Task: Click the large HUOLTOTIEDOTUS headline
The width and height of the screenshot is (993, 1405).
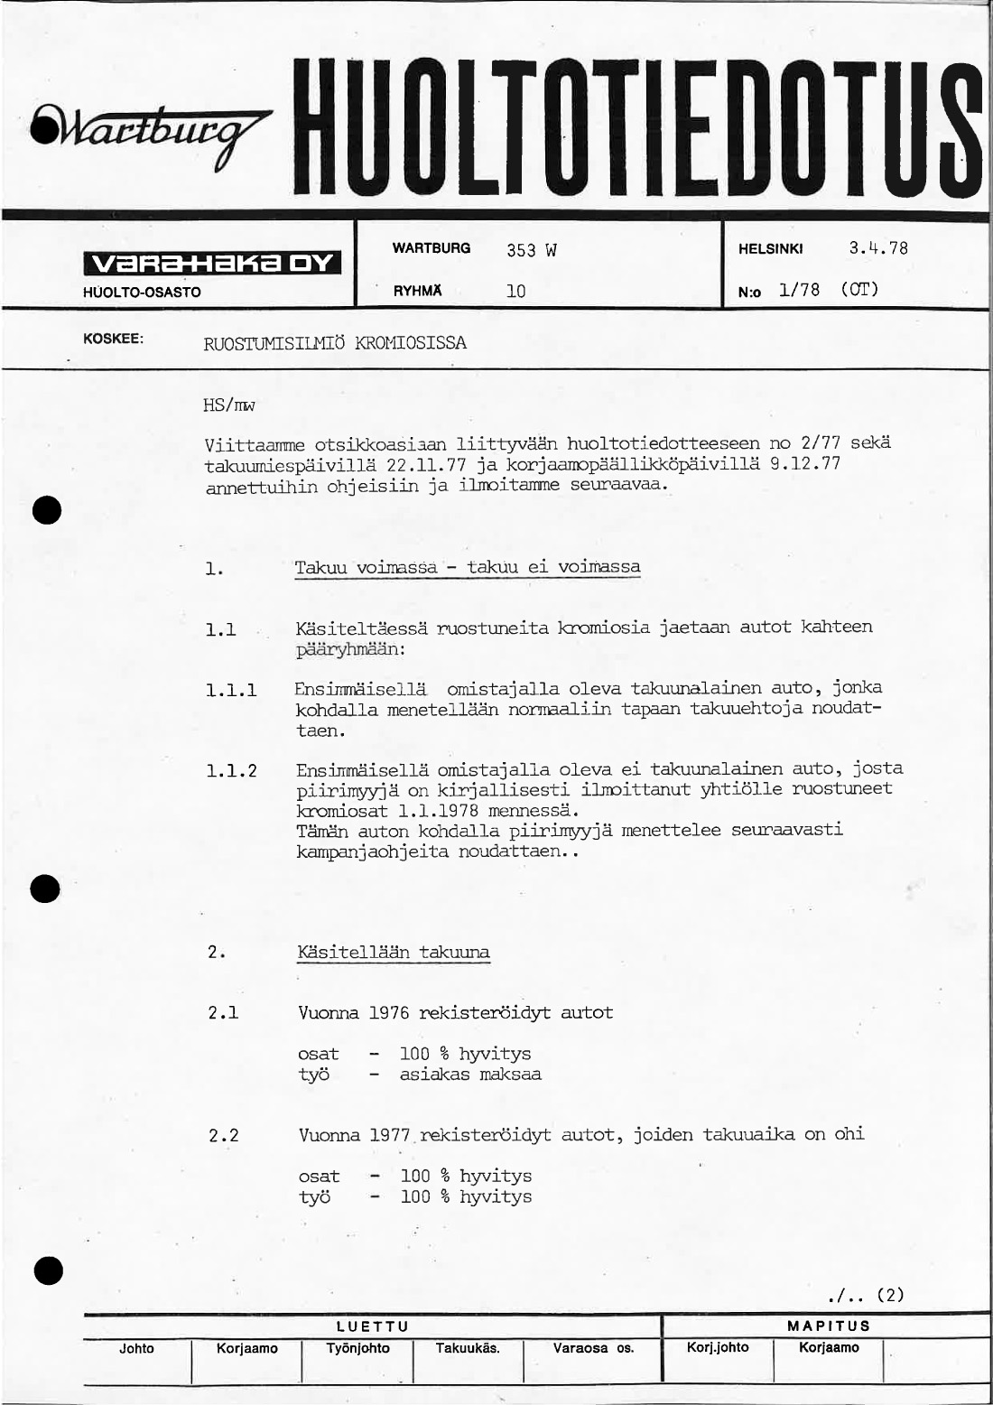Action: (643, 126)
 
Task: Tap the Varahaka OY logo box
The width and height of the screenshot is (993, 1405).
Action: (212, 263)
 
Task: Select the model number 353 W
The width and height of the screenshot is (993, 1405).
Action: (531, 250)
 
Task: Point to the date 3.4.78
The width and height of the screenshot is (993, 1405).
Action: (877, 248)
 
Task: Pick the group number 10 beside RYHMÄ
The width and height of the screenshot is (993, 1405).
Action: (515, 292)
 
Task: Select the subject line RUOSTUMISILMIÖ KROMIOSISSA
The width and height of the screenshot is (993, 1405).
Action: (335, 344)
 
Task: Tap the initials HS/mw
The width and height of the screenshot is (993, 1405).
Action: (229, 406)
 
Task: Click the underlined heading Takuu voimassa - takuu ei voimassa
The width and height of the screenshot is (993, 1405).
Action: (468, 568)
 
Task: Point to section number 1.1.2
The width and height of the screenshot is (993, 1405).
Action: (231, 771)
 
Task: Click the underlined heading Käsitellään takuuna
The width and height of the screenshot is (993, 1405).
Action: (394, 953)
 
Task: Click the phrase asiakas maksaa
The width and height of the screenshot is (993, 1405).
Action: (470, 1075)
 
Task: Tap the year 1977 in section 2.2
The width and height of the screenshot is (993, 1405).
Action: (389, 1135)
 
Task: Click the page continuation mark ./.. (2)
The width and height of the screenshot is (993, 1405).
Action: (865, 1296)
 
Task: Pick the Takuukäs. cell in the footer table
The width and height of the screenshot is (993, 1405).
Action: (468, 1348)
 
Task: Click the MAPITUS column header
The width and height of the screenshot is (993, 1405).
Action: (828, 1326)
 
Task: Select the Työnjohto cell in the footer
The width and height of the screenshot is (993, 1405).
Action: (358, 1348)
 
